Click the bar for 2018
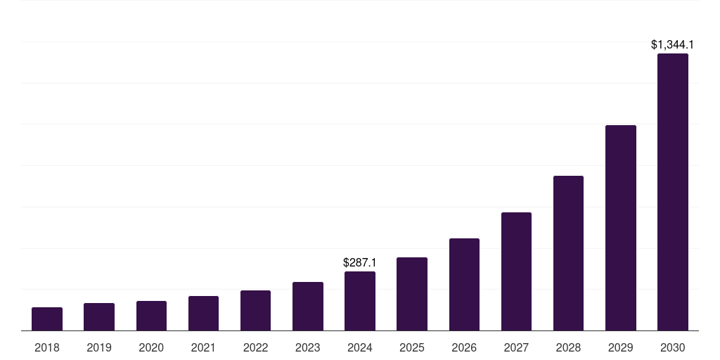(47, 319)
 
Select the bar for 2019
(99, 317)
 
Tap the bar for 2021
(203, 314)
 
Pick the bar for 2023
(308, 307)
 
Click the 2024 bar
(360, 301)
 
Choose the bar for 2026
(464, 285)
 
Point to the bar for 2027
(516, 271)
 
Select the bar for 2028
(568, 253)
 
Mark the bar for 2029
(621, 228)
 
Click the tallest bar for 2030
(673, 192)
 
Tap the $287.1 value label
(360, 262)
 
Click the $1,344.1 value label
(673, 45)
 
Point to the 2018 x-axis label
(47, 347)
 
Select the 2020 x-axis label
(151, 347)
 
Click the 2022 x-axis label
(256, 347)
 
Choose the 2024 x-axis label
(360, 347)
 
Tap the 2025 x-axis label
(412, 347)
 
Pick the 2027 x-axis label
(516, 347)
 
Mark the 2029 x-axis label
(621, 347)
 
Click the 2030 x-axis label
(673, 347)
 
